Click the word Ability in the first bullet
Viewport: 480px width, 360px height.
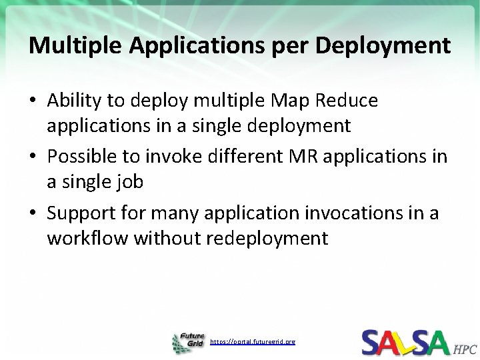coord(73,101)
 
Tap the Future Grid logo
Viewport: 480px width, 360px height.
coord(188,341)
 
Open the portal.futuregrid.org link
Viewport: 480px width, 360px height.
coord(253,341)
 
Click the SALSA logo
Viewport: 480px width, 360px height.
coord(405,341)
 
